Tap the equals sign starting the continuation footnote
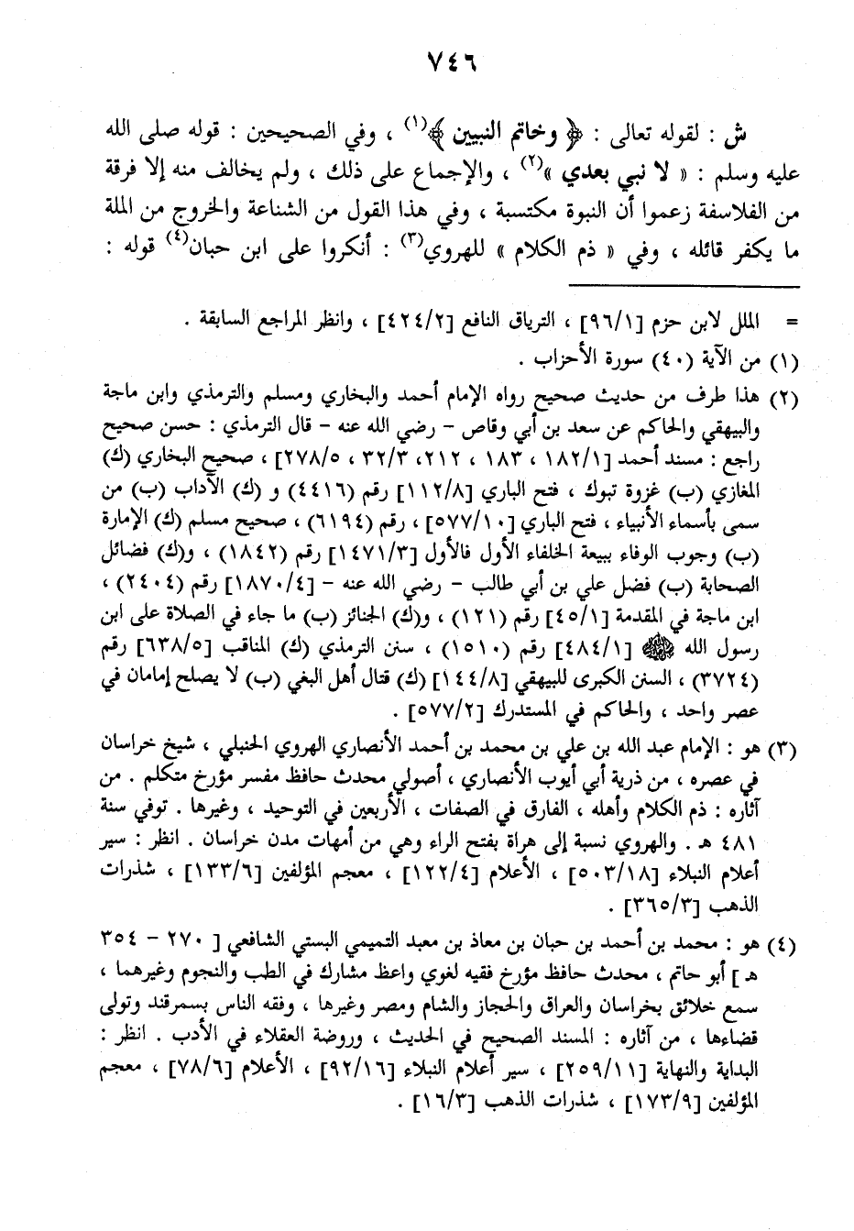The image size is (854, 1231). (x=791, y=322)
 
